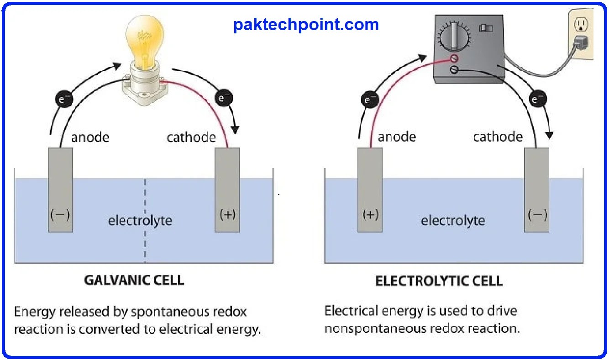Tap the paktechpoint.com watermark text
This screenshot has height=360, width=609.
[x=306, y=24]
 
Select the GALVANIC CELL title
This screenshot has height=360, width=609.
[x=134, y=280]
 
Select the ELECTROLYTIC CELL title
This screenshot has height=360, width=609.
[x=439, y=281]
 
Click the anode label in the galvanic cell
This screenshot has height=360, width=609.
[x=90, y=137]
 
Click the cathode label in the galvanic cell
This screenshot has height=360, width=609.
[x=191, y=137]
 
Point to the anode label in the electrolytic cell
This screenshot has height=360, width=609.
[x=397, y=137]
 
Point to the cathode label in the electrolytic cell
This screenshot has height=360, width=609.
[x=498, y=137]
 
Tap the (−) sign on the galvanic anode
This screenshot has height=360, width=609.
[x=60, y=215]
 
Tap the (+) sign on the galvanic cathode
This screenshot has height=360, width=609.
[x=227, y=215]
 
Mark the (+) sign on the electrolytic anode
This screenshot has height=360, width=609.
[x=370, y=215]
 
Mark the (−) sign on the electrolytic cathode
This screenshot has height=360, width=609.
[x=537, y=215]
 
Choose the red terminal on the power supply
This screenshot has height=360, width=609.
[x=454, y=58]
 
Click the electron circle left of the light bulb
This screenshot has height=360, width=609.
[x=63, y=99]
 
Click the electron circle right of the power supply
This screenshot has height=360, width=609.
[x=538, y=99]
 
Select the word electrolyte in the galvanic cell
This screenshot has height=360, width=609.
[x=140, y=221]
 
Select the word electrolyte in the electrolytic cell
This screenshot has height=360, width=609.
[x=453, y=221]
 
